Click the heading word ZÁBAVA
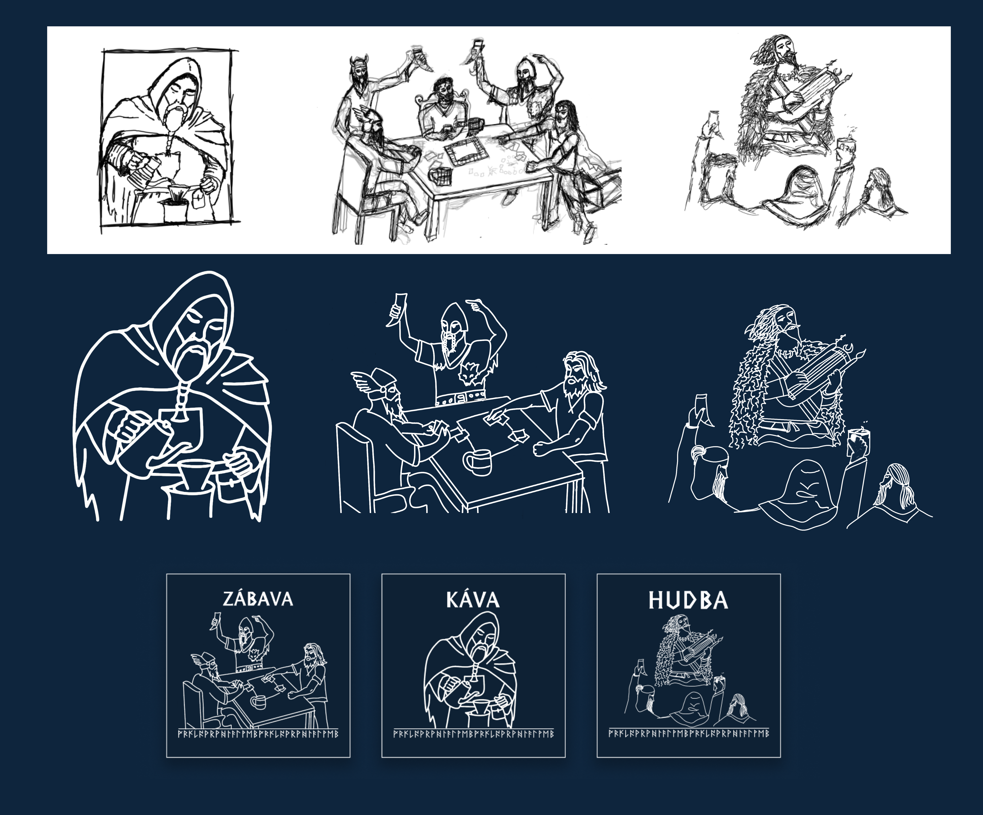pyautogui.click(x=258, y=599)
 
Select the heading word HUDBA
pyautogui.click(x=688, y=600)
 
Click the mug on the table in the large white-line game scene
pyautogui.click(x=478, y=461)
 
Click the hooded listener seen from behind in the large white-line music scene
pyautogui.click(x=800, y=492)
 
